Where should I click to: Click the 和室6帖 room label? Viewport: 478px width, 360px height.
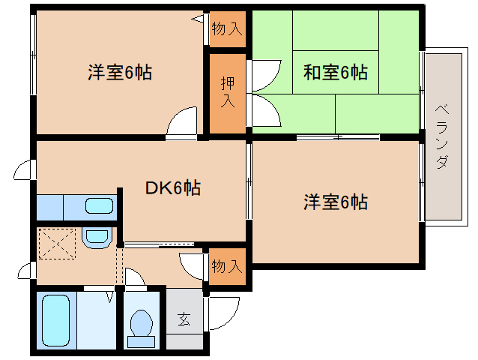pos(336,73)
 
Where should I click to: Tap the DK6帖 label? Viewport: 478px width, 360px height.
pos(173,187)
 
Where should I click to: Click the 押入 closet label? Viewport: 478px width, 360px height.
pos(228,92)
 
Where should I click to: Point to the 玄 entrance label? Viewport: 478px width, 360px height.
pos(184,319)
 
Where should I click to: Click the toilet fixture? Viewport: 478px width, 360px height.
pos(141,329)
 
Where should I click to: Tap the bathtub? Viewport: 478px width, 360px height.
pos(55,320)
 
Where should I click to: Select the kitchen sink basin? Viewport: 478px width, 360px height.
pos(99,205)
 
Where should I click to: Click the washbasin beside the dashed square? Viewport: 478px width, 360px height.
pos(97,238)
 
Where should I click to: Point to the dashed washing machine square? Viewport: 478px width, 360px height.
pos(57,244)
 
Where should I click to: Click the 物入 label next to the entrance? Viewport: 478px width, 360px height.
pos(227,266)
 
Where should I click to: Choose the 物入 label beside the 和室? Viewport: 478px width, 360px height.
pos(227,29)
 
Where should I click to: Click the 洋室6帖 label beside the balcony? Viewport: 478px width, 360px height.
pos(336,202)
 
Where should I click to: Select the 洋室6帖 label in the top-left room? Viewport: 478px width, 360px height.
pos(120,72)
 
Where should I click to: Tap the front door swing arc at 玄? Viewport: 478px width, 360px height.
pos(223,313)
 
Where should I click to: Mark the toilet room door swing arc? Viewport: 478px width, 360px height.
pos(134,277)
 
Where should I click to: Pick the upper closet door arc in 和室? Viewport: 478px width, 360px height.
pos(265,76)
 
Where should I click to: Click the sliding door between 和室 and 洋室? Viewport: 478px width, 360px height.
pos(338,137)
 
